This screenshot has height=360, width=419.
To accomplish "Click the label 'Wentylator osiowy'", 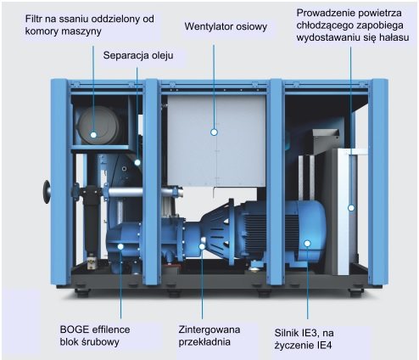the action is click(x=226, y=26).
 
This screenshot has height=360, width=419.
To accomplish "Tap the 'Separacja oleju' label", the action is click(x=138, y=55).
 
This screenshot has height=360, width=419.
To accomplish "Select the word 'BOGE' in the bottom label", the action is click(x=75, y=329).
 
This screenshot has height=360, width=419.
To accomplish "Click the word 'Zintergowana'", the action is click(x=209, y=329).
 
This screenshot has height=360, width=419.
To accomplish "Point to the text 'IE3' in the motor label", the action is click(x=310, y=333).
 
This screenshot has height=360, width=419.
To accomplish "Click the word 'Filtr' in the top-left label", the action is click(x=33, y=19).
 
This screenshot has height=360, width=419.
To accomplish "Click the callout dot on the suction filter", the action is click(x=93, y=135).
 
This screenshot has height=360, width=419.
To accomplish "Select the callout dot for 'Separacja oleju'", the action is click(x=137, y=162).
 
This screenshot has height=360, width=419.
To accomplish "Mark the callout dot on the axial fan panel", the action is click(x=214, y=132).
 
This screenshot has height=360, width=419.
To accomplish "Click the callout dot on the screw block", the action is click(x=120, y=247).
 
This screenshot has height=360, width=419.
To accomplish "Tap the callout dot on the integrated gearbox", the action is click(x=202, y=247).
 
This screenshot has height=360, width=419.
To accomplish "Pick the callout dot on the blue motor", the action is click(x=307, y=243).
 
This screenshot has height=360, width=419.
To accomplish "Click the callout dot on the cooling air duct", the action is click(x=351, y=208).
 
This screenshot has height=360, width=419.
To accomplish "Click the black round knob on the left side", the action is click(x=47, y=192).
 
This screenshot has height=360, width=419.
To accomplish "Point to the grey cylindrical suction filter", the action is click(x=98, y=126).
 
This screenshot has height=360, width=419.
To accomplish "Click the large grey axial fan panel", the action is click(x=216, y=141).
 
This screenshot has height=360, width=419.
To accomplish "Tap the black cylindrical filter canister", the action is click(x=91, y=219).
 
